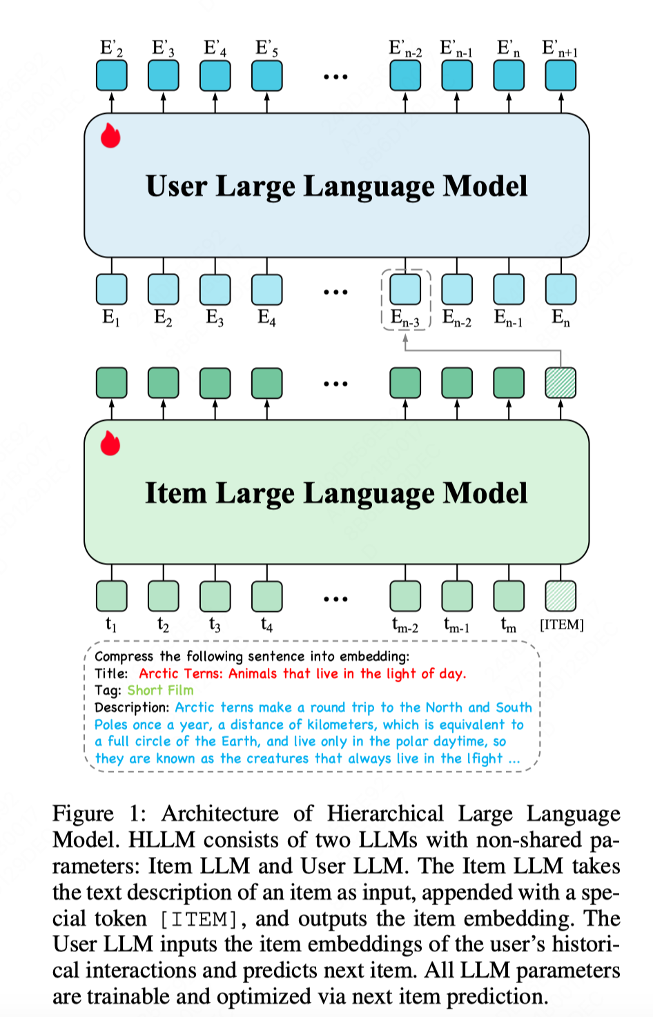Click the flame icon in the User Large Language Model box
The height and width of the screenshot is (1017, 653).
point(110,136)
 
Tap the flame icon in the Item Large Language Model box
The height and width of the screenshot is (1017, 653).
point(110,444)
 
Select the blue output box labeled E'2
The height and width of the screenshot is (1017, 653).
point(111,76)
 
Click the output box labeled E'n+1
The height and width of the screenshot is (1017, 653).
point(561,76)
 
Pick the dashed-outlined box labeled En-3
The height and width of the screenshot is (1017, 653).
point(405,290)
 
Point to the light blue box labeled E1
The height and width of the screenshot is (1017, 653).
point(111,290)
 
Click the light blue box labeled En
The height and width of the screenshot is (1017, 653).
point(561,290)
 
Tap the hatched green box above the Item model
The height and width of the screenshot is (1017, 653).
point(561,383)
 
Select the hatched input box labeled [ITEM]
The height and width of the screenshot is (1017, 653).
point(561,596)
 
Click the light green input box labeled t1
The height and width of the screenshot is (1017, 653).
point(111,596)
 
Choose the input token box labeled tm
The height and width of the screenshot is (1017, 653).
point(509,596)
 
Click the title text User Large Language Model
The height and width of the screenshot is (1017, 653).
point(336,186)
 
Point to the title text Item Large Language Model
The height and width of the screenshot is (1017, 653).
point(336,493)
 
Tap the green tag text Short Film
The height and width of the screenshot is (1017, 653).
point(160,690)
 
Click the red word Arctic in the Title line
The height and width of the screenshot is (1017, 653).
point(158,673)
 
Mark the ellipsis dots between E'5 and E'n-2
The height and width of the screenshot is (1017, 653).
point(335,77)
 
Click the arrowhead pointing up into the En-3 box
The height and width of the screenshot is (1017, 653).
point(405,338)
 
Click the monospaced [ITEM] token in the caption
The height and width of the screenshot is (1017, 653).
point(199,919)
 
